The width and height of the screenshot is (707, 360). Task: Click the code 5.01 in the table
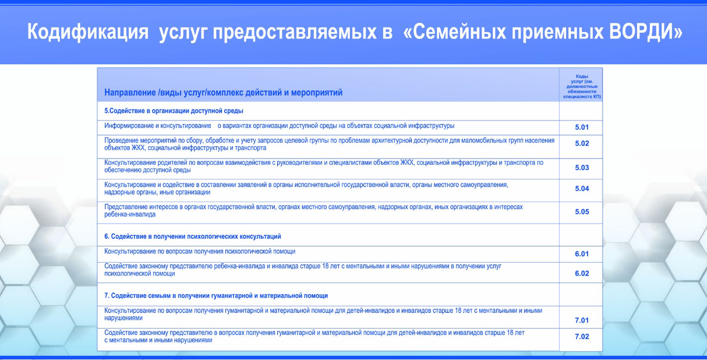582,127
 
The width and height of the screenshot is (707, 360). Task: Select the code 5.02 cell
582,143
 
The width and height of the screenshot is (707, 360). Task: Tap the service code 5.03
582,168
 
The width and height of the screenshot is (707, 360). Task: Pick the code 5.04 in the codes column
582,189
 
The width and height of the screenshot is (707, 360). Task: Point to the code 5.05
582,212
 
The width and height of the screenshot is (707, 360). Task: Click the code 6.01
582,254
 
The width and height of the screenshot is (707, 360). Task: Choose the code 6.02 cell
582,273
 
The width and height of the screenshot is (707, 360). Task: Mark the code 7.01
582,320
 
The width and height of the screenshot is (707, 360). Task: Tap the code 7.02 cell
582,337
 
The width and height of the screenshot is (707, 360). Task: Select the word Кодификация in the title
88,32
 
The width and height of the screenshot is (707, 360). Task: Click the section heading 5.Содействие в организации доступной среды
174,111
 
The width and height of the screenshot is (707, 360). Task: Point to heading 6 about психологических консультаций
193,237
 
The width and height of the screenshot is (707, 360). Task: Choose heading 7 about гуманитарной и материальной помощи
216,295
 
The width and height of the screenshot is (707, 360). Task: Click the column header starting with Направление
223,93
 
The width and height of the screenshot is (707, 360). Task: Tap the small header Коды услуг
582,86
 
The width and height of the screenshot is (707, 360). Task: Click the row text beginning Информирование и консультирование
280,126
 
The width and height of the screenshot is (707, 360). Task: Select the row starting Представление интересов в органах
313,211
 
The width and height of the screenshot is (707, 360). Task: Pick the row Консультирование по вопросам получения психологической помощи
200,252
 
